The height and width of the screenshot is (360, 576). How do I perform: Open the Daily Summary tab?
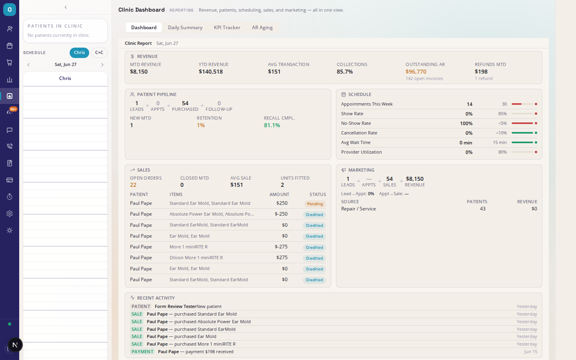coord(185,28)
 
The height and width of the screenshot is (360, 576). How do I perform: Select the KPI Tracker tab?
coord(227,28)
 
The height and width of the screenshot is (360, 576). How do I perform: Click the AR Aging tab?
coord(262,28)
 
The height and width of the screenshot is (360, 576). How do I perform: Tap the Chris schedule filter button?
coord(79,52)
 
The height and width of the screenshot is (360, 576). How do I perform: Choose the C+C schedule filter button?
coord(99,52)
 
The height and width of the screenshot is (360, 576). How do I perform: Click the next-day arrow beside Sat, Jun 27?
coord(102,65)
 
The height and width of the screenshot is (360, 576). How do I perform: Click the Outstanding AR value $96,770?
coord(416,72)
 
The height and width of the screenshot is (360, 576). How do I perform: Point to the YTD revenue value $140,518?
coord(210,72)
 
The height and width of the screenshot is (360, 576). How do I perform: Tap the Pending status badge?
coord(315,204)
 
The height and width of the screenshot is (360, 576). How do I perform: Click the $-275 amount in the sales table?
coord(281,247)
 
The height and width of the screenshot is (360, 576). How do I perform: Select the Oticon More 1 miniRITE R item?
coord(196,258)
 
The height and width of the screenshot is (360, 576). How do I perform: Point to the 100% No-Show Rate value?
coord(466,124)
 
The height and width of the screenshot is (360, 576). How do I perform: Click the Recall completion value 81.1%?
coord(272,125)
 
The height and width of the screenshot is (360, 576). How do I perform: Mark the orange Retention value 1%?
coord(200,125)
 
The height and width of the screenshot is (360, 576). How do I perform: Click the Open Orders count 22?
coord(133,185)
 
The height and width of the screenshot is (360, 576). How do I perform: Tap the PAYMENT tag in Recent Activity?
coord(142,352)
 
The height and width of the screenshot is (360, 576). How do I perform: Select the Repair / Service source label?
coord(358,209)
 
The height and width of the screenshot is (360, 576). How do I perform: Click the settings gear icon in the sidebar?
coord(10,214)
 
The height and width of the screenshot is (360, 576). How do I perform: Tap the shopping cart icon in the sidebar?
coord(10,62)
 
